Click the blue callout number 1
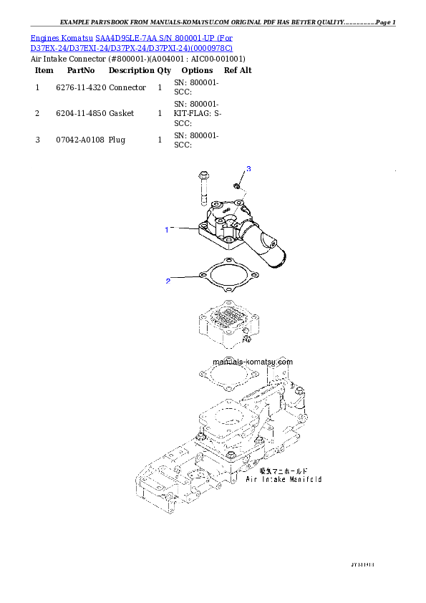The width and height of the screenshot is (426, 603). (x=167, y=230)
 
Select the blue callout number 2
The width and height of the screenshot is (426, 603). (x=168, y=281)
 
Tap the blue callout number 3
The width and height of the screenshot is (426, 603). (x=248, y=168)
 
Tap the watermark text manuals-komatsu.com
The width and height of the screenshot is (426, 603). (x=253, y=362)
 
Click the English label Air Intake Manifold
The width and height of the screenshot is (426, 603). (x=284, y=478)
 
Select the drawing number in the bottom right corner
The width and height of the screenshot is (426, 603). (x=362, y=564)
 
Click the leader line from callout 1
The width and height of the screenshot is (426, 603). (x=184, y=229)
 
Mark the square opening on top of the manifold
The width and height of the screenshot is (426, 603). (x=228, y=418)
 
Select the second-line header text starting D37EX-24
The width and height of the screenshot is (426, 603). (x=131, y=48)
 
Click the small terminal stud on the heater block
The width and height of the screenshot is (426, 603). (x=243, y=339)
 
